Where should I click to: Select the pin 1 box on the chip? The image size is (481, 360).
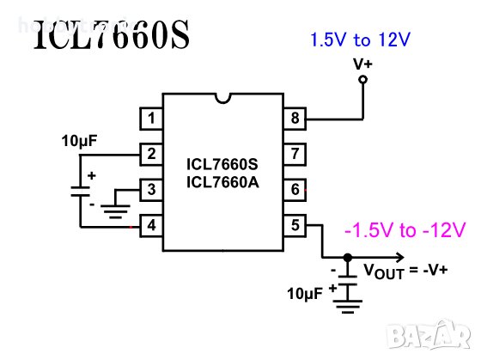[x=151, y=119]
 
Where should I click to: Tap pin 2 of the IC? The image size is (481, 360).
[x=151, y=155]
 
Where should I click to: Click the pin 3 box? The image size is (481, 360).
[x=151, y=190]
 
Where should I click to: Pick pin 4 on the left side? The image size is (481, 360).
[x=151, y=226]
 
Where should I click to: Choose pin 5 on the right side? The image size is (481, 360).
[x=295, y=226]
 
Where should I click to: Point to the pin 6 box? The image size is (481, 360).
[x=295, y=190]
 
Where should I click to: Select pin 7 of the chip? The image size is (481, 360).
[x=295, y=155]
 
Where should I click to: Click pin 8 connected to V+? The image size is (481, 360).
[x=295, y=119]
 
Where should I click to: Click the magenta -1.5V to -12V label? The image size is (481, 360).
[x=404, y=229]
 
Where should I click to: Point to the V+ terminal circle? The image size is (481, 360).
[x=362, y=80]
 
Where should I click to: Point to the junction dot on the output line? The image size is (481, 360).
[x=347, y=257]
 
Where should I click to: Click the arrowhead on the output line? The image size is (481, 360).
[x=398, y=257]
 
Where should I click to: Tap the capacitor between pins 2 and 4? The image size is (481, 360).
[x=79, y=190]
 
